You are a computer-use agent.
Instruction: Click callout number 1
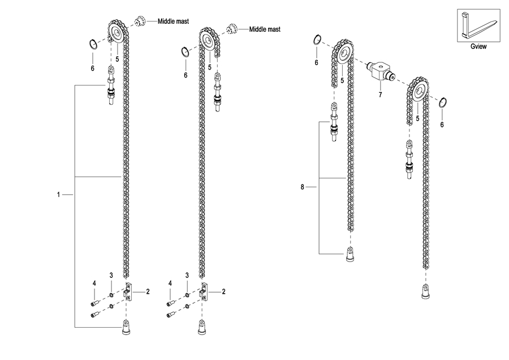tap(59, 195)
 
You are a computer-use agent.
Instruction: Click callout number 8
tap(303, 186)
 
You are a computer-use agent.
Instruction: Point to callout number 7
tap(380, 95)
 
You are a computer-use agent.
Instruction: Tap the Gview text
tap(478, 47)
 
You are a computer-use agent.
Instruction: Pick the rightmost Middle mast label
tap(265, 29)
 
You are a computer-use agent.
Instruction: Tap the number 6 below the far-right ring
tap(442, 124)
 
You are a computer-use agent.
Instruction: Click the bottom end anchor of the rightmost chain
tap(424, 291)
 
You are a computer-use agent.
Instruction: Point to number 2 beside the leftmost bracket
tap(148, 292)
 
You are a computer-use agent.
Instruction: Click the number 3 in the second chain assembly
tap(187, 275)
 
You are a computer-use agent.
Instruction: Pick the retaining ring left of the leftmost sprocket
tap(92, 44)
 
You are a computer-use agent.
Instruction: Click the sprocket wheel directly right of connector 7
tap(419, 91)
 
